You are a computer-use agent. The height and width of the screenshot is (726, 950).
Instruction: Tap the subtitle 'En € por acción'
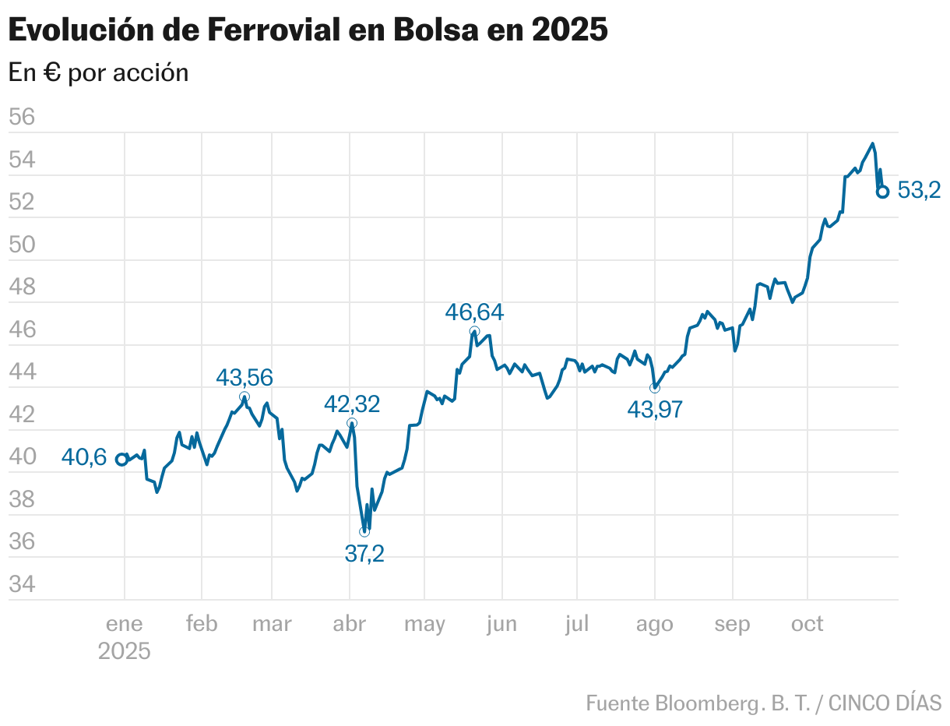point(98,72)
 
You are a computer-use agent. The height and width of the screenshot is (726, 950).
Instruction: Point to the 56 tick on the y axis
point(22,118)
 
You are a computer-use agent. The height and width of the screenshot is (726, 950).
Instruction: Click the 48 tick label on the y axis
point(22,287)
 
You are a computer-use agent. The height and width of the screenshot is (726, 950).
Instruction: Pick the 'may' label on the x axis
point(424,624)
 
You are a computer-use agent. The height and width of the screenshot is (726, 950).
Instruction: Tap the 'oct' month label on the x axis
point(807,624)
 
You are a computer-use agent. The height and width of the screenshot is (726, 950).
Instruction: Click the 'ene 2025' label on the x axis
point(125,637)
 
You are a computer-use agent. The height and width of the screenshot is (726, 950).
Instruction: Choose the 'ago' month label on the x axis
point(654,624)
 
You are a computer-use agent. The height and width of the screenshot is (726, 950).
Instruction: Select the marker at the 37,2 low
point(364,531)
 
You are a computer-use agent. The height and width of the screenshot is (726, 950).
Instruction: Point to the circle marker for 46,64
point(474,332)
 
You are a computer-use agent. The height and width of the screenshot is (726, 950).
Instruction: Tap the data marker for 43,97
point(654,388)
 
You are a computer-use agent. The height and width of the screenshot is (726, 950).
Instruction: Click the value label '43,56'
point(245,378)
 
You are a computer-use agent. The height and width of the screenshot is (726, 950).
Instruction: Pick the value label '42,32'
point(352,404)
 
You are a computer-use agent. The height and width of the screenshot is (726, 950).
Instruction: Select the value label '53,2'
point(920,190)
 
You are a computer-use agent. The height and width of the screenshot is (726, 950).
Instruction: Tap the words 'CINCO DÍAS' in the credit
point(885,703)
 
